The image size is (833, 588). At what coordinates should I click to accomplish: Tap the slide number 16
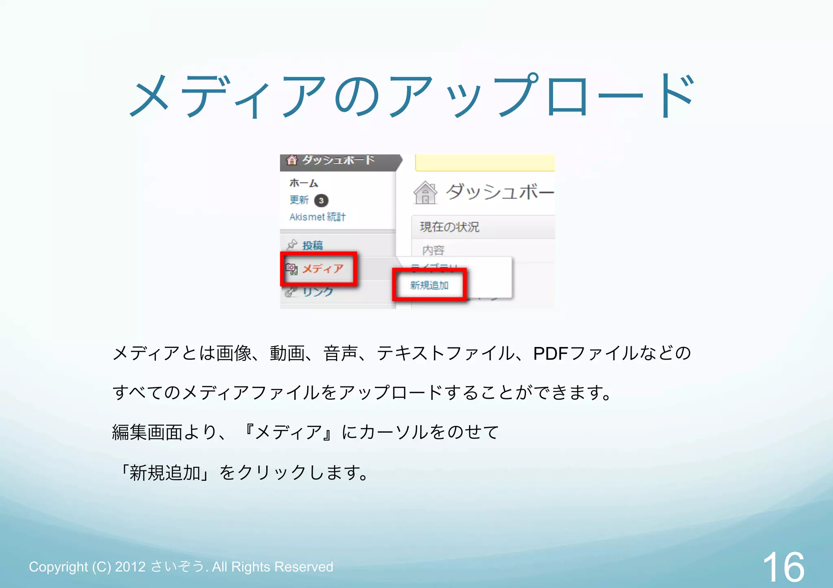[783, 567]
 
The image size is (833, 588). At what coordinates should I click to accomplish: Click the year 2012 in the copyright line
[130, 567]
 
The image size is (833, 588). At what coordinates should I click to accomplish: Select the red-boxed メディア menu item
[323, 269]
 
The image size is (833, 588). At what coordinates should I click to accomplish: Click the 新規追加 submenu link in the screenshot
[429, 285]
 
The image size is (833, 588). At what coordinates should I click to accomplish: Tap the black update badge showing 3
[321, 200]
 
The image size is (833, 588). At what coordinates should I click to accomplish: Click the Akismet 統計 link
[317, 217]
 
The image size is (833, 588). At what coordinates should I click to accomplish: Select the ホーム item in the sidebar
[303, 183]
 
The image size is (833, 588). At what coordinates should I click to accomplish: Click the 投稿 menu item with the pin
[312, 245]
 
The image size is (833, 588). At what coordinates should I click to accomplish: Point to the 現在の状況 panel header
[449, 227]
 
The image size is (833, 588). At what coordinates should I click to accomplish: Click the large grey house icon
[425, 192]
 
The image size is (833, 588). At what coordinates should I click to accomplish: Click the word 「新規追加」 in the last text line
[165, 473]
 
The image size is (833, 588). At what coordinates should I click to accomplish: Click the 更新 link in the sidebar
[299, 200]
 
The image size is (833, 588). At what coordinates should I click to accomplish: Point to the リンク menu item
[318, 291]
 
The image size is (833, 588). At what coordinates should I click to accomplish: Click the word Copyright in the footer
[58, 567]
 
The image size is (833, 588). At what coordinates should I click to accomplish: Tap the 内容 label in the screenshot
[433, 250]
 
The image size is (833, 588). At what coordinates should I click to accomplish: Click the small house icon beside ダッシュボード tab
[292, 160]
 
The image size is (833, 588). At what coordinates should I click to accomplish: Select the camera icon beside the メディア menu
[291, 269]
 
